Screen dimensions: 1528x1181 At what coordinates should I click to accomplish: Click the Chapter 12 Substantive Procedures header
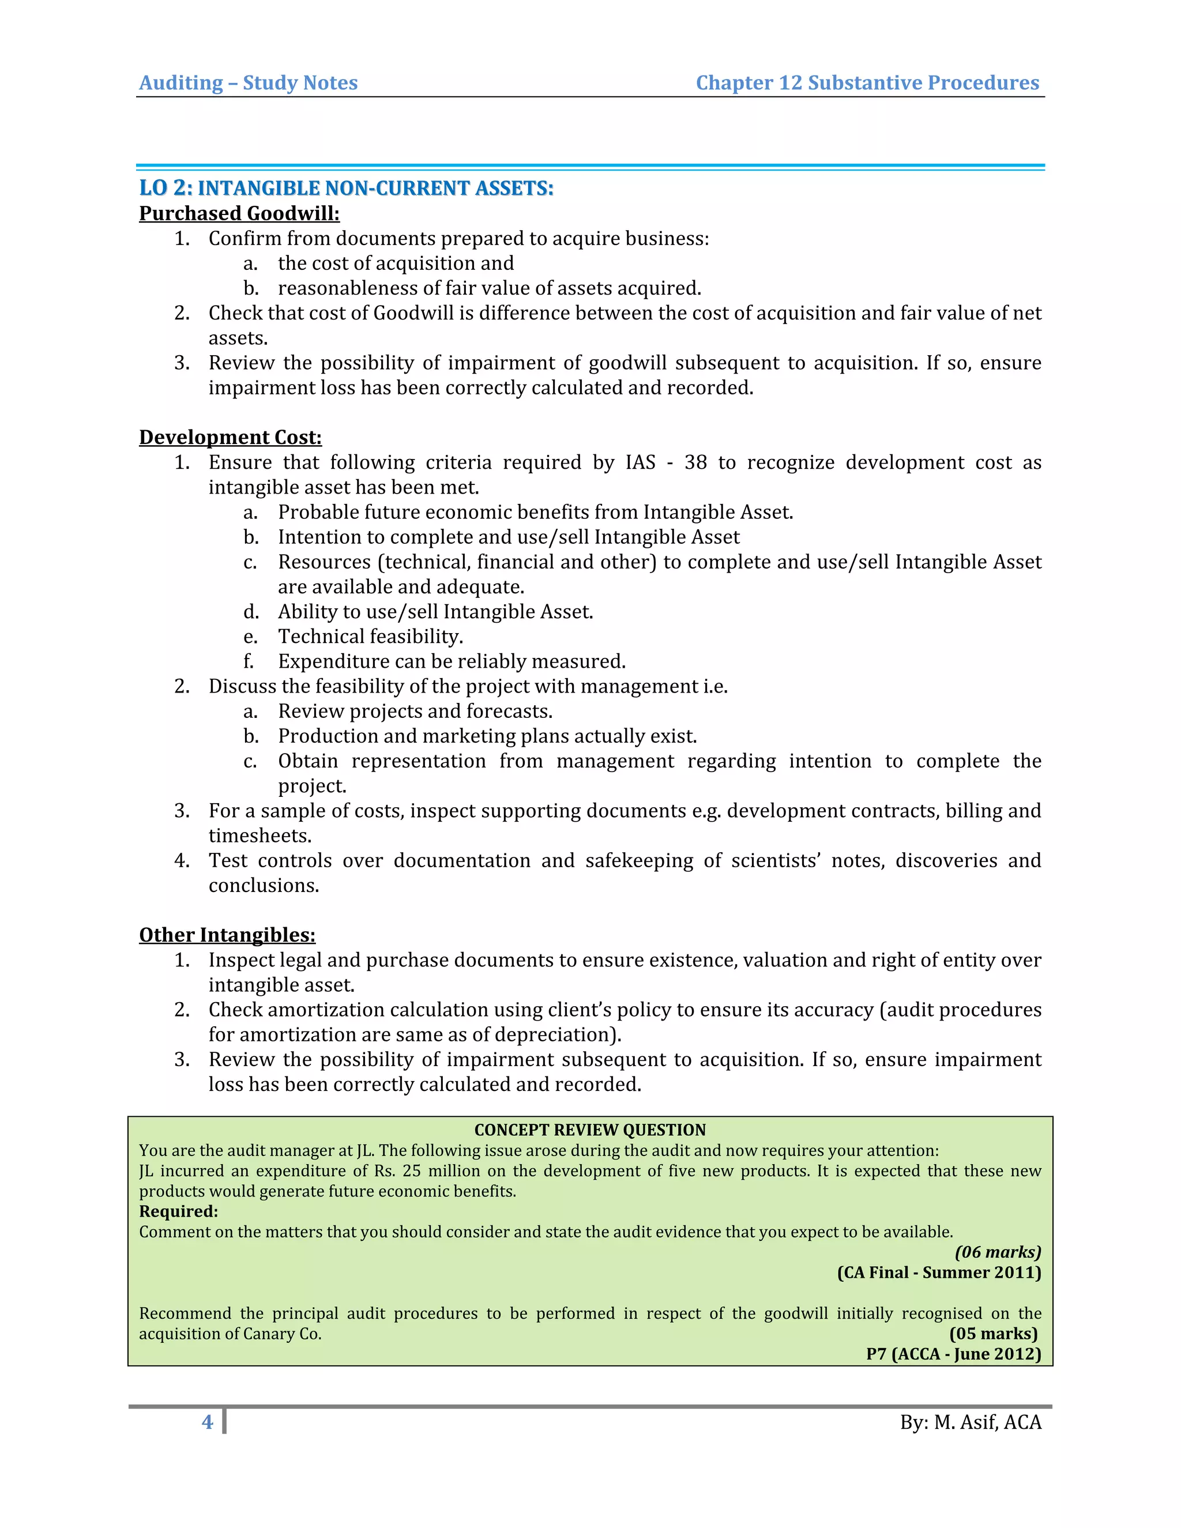click(867, 82)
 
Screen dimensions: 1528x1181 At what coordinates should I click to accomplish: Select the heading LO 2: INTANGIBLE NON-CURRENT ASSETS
click(347, 188)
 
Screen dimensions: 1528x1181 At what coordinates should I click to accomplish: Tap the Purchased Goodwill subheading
click(239, 213)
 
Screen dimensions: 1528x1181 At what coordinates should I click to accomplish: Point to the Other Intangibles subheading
click(227, 935)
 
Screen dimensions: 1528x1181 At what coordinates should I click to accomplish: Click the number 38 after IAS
click(695, 462)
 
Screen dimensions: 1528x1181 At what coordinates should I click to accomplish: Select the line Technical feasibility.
click(370, 637)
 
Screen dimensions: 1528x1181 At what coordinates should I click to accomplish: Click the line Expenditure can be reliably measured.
click(452, 662)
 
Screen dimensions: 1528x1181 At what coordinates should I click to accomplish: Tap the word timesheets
click(259, 836)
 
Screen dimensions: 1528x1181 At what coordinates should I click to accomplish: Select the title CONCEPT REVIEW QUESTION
click(590, 1130)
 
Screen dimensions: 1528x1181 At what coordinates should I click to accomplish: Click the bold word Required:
click(178, 1212)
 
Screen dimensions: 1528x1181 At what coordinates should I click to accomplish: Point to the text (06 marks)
click(998, 1252)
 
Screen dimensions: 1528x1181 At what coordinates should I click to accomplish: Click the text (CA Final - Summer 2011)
click(939, 1273)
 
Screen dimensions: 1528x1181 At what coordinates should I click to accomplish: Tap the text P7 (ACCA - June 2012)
click(953, 1354)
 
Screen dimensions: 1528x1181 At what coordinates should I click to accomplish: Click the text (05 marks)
click(993, 1334)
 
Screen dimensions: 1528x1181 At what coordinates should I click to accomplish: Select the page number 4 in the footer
click(207, 1422)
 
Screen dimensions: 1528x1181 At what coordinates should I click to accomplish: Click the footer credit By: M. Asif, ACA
click(971, 1422)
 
